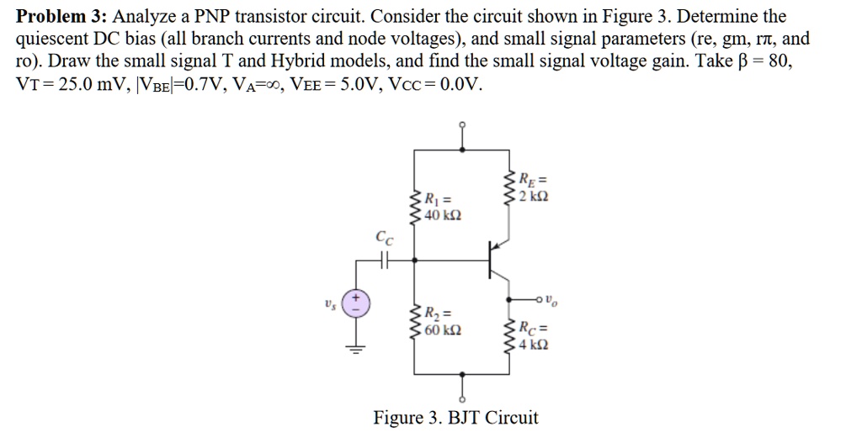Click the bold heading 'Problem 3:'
61,16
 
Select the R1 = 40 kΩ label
441,207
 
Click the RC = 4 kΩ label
535,337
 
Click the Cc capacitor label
385,240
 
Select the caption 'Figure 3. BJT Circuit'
455,418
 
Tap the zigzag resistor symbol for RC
508,336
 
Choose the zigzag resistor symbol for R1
414,207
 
